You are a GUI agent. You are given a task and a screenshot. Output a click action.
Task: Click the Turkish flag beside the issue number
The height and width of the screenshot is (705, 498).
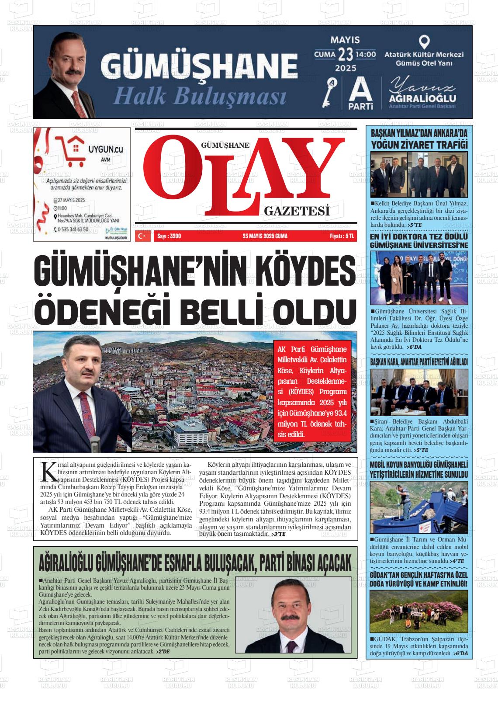142,236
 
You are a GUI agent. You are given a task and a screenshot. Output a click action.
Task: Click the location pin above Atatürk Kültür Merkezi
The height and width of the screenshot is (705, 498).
423,42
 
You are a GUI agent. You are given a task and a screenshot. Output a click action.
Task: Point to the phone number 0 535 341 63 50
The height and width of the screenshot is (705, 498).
72,229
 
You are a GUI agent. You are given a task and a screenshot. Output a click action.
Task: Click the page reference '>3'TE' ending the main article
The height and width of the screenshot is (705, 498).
278,534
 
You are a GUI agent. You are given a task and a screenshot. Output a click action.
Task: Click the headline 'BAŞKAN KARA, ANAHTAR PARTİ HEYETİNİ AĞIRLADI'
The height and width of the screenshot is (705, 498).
418,362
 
